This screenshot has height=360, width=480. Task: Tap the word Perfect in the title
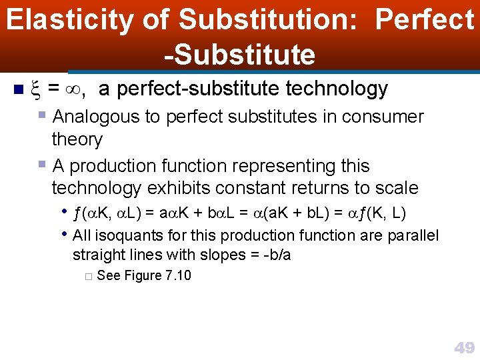424,20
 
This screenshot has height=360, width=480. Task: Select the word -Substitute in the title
240,54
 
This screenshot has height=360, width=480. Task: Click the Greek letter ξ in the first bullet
37,89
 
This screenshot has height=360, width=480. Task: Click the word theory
77,139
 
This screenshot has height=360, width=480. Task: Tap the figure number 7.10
177,275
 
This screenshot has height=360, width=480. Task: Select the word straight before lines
98,255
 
